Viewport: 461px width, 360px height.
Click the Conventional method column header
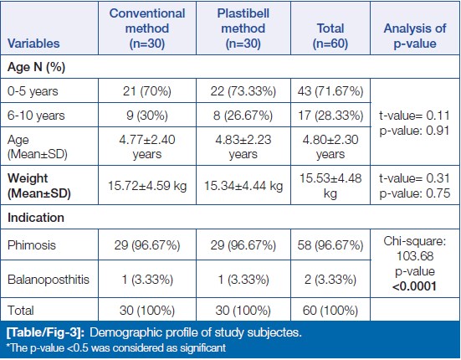tap(147, 28)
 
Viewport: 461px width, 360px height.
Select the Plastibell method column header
tap(243, 28)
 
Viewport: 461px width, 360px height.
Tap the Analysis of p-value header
tap(415, 36)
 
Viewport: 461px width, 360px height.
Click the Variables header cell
tap(33, 44)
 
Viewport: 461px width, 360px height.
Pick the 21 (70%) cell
tap(147, 91)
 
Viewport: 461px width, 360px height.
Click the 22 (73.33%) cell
tap(243, 91)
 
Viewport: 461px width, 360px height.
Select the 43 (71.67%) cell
tap(330, 91)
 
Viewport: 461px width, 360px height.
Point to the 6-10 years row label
tap(36, 116)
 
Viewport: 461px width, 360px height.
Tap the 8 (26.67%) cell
tap(243, 116)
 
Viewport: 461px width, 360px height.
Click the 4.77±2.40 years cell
tap(147, 147)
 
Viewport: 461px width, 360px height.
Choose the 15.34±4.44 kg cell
tap(243, 186)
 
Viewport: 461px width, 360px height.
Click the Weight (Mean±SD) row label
tap(39, 186)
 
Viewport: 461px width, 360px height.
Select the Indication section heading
tap(36, 218)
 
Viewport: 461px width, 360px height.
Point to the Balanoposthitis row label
tap(49, 279)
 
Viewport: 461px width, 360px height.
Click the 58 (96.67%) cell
tap(330, 245)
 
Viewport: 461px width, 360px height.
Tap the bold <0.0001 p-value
tap(414, 285)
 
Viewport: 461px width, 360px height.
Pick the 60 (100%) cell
tap(330, 311)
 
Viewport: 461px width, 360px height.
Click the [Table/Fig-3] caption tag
tap(45, 332)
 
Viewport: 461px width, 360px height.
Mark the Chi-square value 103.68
tap(415, 256)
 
